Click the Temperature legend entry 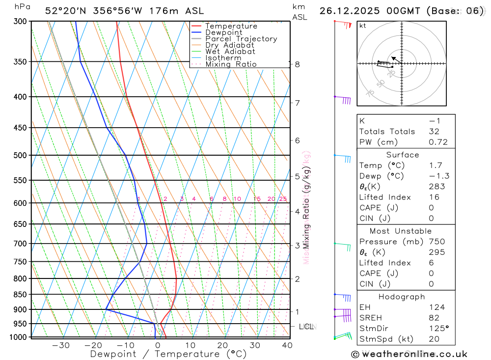(x=231, y=26)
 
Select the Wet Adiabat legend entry (x=230, y=52)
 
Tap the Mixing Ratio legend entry (x=231, y=64)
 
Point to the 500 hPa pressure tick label (x=21, y=155)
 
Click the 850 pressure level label (x=21, y=295)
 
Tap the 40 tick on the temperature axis (x=287, y=345)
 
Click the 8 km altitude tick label (x=298, y=64)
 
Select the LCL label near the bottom (x=306, y=326)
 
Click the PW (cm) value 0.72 (x=438, y=142)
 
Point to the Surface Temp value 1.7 (x=435, y=166)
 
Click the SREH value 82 (x=434, y=318)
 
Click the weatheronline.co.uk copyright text (x=409, y=354)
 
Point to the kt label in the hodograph (x=363, y=25)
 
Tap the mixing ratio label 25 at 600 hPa (x=283, y=199)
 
